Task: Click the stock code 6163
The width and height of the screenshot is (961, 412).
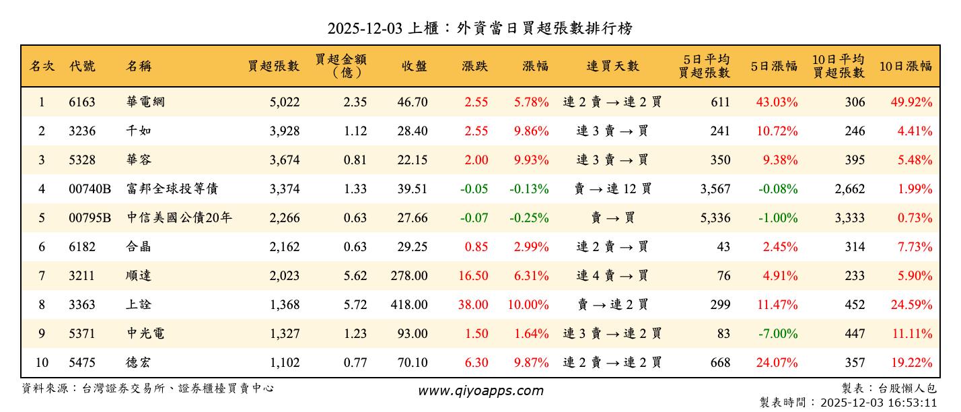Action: click(82, 102)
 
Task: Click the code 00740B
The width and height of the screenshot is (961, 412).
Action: click(90, 189)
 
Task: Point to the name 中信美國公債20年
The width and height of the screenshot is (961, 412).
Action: click(179, 218)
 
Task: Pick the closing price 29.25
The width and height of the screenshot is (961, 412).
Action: click(412, 247)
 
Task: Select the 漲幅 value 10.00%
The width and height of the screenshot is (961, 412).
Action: click(528, 305)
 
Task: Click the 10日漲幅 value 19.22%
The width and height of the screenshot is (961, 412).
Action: click(911, 363)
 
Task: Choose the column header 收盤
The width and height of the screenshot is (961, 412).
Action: click(414, 66)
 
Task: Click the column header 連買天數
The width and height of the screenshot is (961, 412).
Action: click(612, 66)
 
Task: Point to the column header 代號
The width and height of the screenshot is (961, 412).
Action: click(82, 66)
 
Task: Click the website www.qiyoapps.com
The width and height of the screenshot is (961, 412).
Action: click(481, 390)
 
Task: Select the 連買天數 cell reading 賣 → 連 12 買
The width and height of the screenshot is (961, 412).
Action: click(612, 189)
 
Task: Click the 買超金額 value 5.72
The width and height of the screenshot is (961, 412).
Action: click(355, 305)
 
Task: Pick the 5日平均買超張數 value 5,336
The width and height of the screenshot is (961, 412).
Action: click(715, 218)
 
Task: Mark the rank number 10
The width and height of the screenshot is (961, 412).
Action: click(42, 363)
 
